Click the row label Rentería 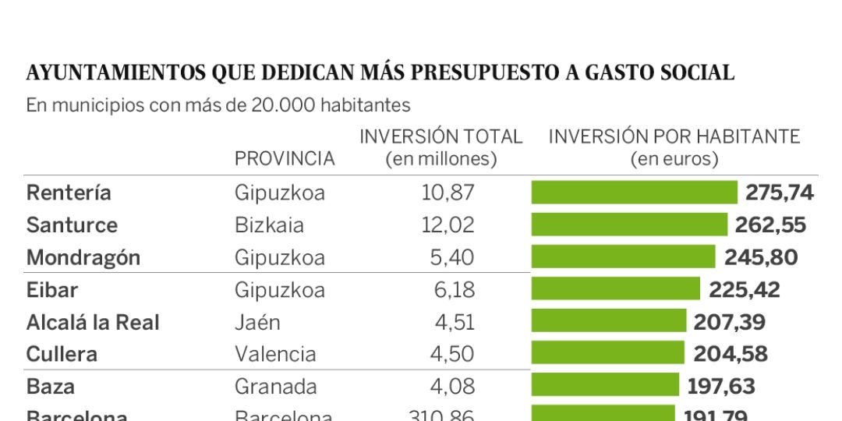(x=69, y=193)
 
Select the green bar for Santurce (x=629, y=225)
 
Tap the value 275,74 (x=779, y=193)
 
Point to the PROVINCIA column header (x=285, y=159)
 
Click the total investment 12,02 (x=448, y=225)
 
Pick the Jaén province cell (x=257, y=322)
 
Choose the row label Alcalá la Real (x=93, y=322)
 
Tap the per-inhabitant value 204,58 (x=731, y=354)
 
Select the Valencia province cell (x=275, y=354)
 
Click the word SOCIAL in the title (x=696, y=73)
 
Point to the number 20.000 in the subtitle (x=277, y=105)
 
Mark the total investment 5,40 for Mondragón (x=452, y=257)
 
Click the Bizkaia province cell (x=269, y=225)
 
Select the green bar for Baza (x=605, y=385)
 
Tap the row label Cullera (x=62, y=354)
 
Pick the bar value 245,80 (x=760, y=257)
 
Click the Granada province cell (x=276, y=386)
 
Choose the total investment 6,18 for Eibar (x=454, y=290)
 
